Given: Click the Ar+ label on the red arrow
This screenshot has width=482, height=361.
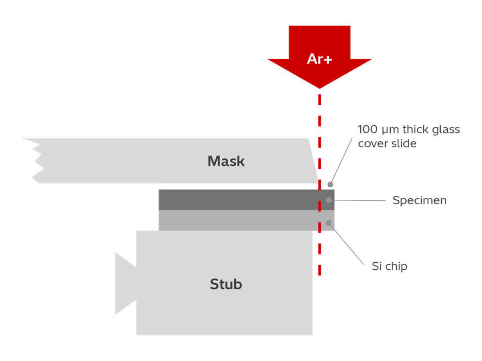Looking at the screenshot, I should pyautogui.click(x=319, y=59).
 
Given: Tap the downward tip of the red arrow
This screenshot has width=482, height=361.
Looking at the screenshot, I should pyautogui.click(x=320, y=87).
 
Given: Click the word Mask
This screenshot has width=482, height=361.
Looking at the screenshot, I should pyautogui.click(x=226, y=161).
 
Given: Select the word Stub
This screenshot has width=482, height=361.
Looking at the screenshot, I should pyautogui.click(x=226, y=284).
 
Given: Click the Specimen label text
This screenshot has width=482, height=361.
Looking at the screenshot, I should pyautogui.click(x=420, y=201).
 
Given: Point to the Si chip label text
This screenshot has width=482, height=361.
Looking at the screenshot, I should pyautogui.click(x=389, y=267).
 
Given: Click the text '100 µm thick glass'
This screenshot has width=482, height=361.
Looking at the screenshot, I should pyautogui.click(x=409, y=130).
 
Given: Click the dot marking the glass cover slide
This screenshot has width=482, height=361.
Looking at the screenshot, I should pyautogui.click(x=330, y=185).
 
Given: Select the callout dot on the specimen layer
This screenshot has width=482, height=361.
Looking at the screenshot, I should pyautogui.click(x=329, y=200).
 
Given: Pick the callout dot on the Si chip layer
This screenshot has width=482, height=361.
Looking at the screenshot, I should pyautogui.click(x=328, y=223).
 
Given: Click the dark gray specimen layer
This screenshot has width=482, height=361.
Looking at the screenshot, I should pyautogui.click(x=234, y=200).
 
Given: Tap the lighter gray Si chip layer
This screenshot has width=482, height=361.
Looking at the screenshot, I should pyautogui.click(x=234, y=220).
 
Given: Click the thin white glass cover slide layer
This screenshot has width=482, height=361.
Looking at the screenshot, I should pyautogui.click(x=234, y=186).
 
